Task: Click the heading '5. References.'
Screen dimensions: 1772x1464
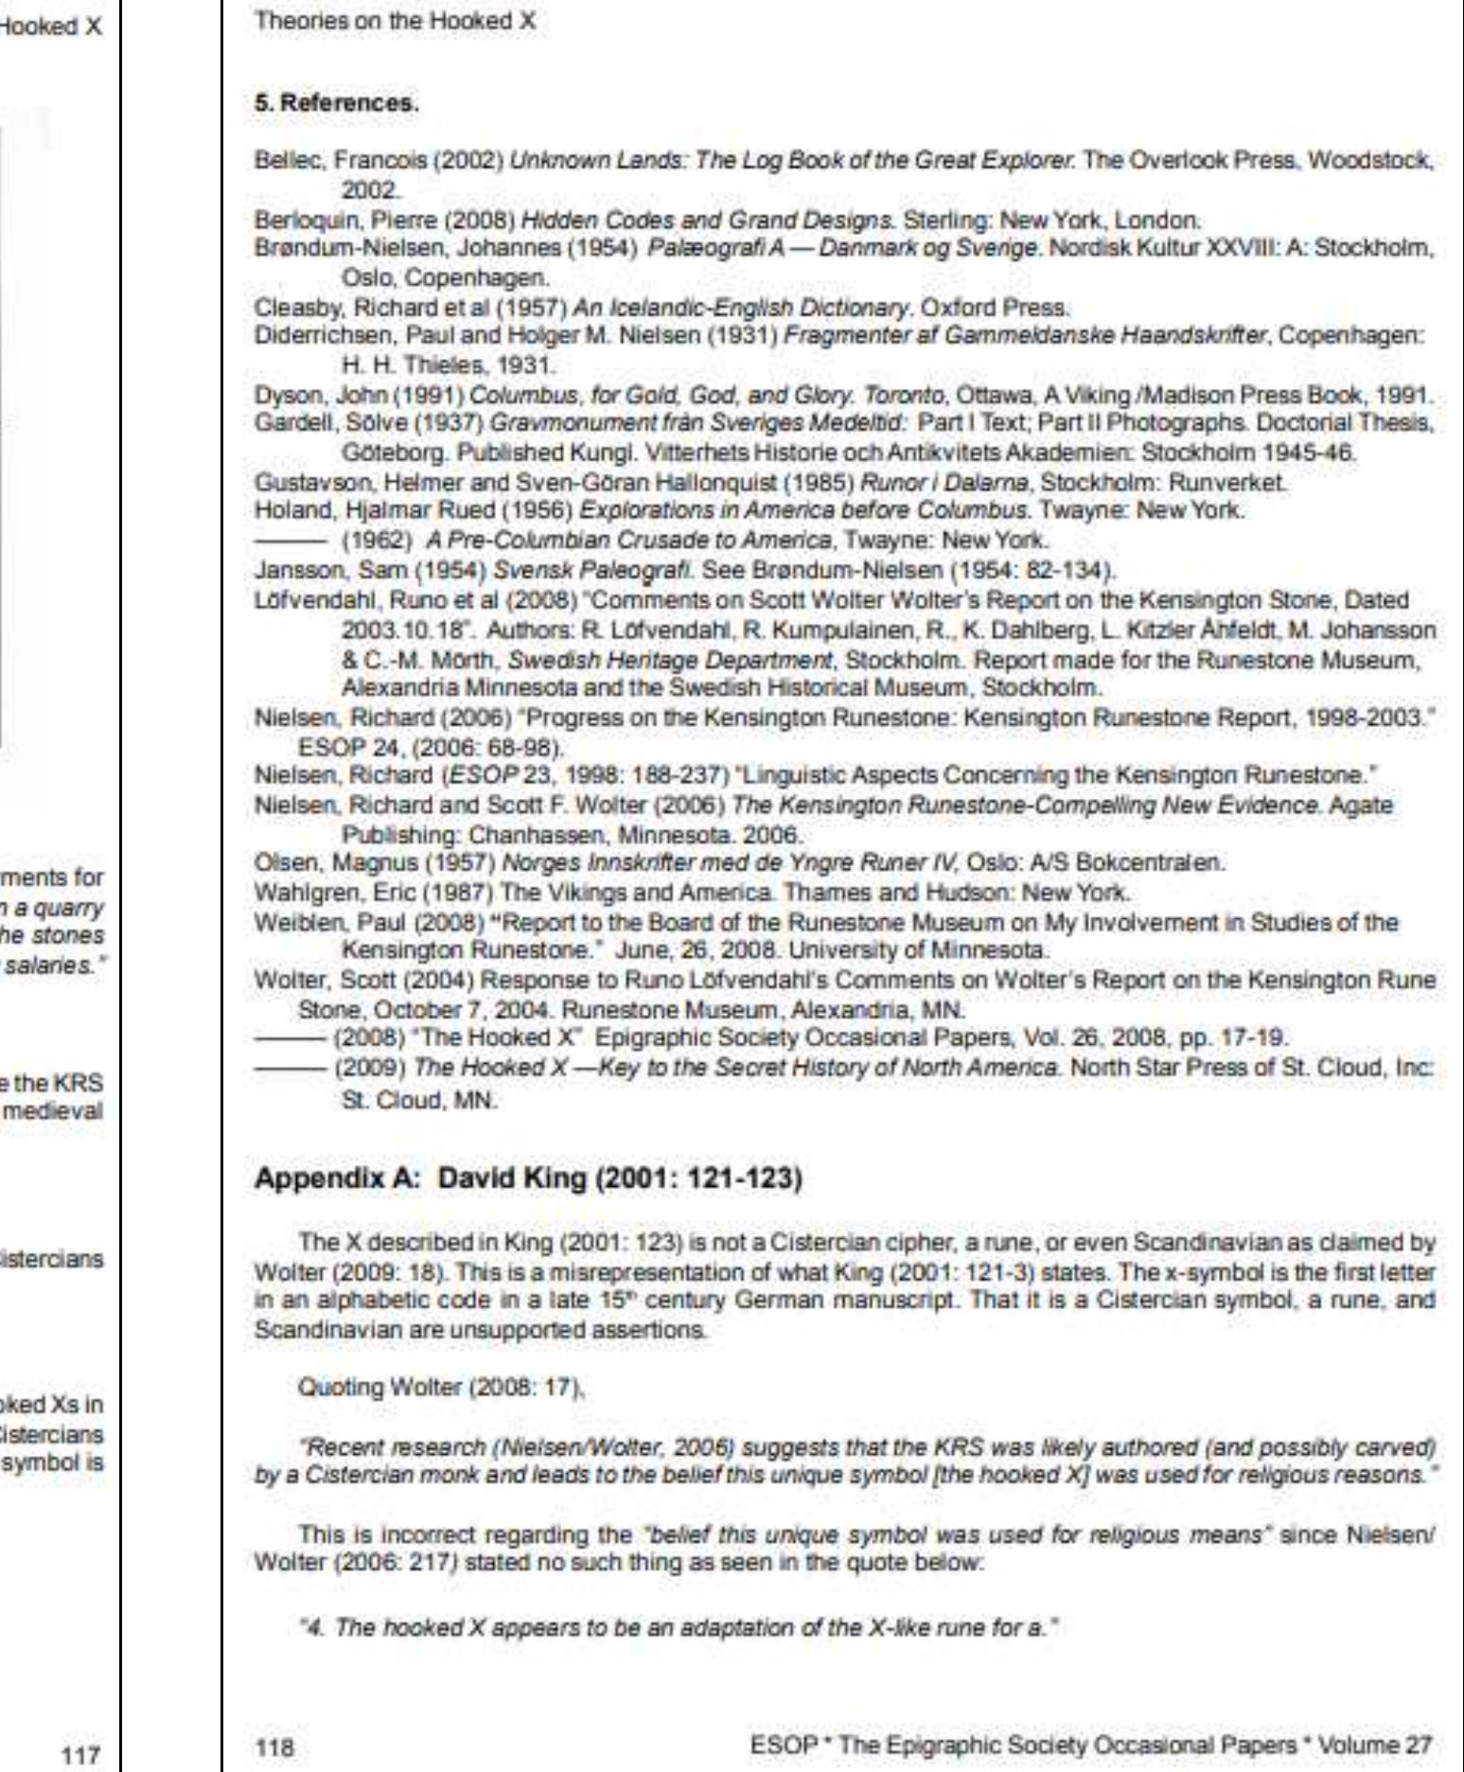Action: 336,103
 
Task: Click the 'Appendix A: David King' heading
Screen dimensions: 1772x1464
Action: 528,1181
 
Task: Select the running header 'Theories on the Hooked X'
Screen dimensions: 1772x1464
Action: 396,21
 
